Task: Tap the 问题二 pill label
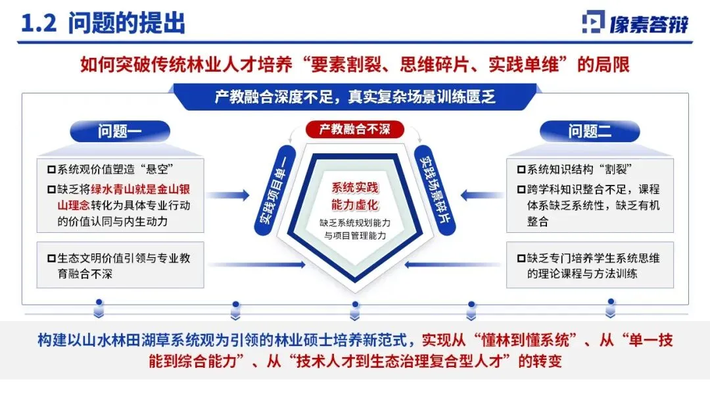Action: tap(590, 131)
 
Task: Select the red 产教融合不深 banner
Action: tap(354, 129)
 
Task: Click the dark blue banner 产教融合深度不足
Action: tap(355, 96)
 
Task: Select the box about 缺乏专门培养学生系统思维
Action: tap(590, 265)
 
